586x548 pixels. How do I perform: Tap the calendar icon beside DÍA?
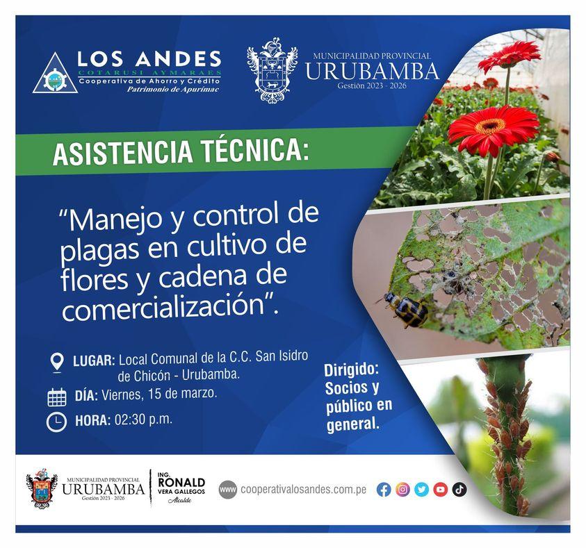[56, 397]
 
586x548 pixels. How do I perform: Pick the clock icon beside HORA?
[56, 422]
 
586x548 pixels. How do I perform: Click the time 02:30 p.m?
[144, 419]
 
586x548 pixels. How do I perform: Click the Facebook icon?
[384, 490]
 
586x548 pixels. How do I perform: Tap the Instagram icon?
[402, 490]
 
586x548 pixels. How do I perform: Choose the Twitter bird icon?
[421, 490]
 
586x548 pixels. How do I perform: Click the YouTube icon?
[440, 490]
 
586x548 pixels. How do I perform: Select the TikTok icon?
[459, 490]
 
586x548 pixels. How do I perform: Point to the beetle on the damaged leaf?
[406, 310]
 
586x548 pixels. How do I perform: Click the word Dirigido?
[351, 370]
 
